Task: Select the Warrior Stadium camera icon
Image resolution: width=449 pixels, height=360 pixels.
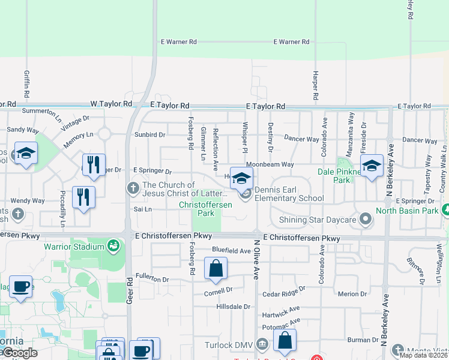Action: pyautogui.click(x=112, y=245)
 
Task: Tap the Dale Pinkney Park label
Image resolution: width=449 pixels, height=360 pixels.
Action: pyautogui.click(x=342, y=175)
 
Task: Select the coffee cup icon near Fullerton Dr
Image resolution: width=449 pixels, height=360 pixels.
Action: pyautogui.click(x=21, y=287)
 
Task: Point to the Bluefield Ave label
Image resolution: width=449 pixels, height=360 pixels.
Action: pyautogui.click(x=231, y=250)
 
